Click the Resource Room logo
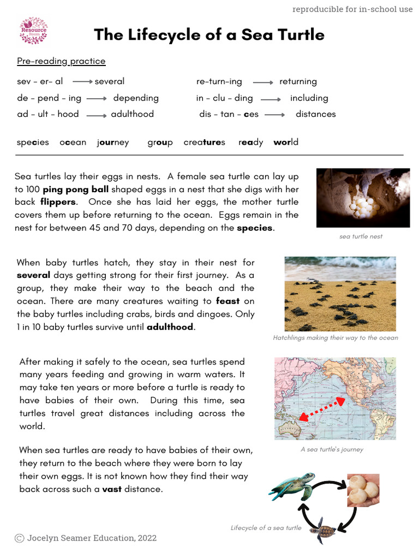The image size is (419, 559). point(33,31)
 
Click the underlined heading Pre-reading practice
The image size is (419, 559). point(61,61)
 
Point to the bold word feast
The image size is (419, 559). point(228,301)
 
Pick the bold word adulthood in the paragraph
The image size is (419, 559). point(170,327)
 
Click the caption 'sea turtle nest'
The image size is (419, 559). point(361,236)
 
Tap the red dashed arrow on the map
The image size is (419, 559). point(322,409)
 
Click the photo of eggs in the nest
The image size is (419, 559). point(363,198)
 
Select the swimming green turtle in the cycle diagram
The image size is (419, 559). point(293,486)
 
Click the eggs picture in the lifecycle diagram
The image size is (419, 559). point(363,490)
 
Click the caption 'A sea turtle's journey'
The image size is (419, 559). point(332,449)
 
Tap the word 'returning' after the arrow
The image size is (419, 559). point(298,81)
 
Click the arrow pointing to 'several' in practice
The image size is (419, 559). point(82,81)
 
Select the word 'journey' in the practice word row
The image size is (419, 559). point(113,142)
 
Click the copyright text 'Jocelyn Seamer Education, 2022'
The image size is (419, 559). point(92,538)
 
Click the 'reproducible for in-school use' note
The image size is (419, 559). point(352,9)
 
